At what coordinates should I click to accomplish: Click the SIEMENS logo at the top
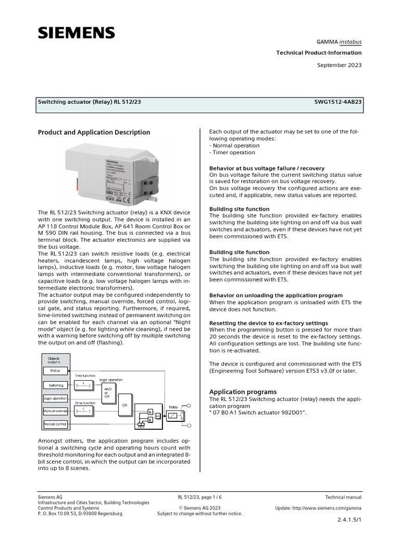coord(76,33)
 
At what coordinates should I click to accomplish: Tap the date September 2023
coord(340,65)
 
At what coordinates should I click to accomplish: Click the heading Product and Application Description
coord(94,132)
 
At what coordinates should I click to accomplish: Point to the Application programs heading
coord(243,392)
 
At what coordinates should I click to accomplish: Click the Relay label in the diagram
coord(173,406)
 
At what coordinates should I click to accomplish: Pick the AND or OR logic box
coord(107,393)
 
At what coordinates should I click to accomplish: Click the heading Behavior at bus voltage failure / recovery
coord(267,168)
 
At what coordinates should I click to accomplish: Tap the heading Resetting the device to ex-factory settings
coord(268,323)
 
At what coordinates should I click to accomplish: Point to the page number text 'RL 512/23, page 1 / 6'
coord(199,497)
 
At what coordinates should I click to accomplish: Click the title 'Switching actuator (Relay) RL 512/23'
coord(89,102)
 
